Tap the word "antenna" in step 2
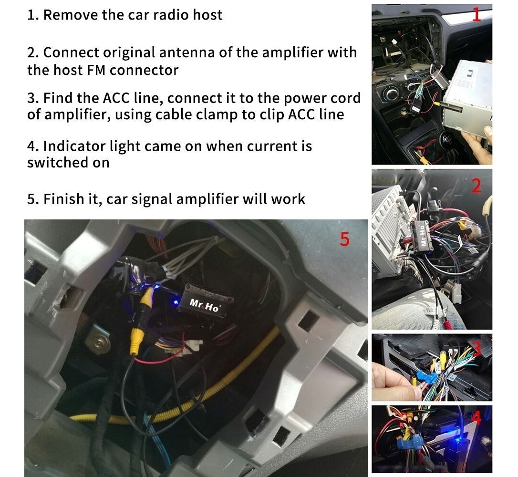click(187, 52)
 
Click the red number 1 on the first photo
click(476, 14)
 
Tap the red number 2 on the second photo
click(476, 186)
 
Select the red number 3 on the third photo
click(476, 349)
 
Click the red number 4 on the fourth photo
click(476, 418)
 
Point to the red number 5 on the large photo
click(344, 239)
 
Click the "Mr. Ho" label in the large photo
click(204, 305)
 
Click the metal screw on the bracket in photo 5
click(98, 343)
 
